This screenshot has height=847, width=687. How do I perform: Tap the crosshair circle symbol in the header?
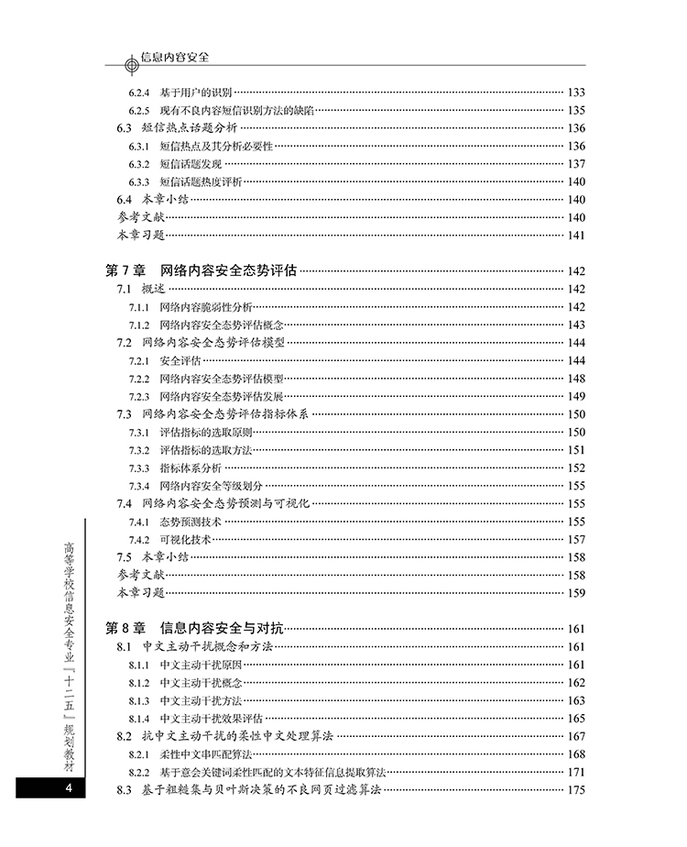point(125,64)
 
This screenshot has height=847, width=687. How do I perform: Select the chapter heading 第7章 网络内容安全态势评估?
point(202,270)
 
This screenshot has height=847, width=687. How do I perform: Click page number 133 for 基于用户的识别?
point(576,93)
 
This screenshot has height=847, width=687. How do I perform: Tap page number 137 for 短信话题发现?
point(576,164)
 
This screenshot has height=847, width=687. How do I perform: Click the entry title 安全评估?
point(180,361)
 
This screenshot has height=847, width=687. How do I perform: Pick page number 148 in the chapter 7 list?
point(576,379)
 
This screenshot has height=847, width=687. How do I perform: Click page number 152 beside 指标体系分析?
point(576,468)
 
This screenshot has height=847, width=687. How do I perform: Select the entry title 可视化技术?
point(185,540)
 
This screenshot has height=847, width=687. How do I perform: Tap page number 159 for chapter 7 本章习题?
point(576,593)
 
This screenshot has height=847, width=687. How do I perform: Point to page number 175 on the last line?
point(576,790)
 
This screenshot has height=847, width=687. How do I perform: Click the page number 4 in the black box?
point(67,789)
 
